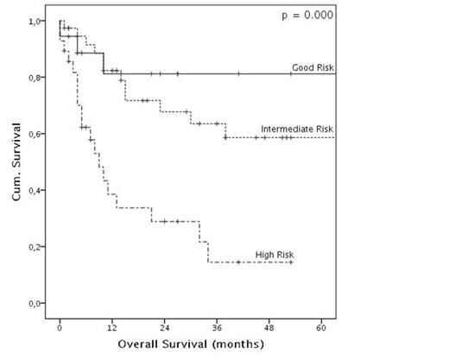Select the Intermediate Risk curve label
296,129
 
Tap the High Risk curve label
275,254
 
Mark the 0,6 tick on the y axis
37,134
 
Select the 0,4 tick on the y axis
37,191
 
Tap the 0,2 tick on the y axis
37,247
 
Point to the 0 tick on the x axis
60,328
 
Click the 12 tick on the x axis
111,328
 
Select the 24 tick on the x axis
164,328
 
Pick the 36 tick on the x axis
217,328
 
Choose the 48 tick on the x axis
269,328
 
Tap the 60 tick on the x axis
321,328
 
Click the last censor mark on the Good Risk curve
291,73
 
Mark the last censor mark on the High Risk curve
291,262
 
